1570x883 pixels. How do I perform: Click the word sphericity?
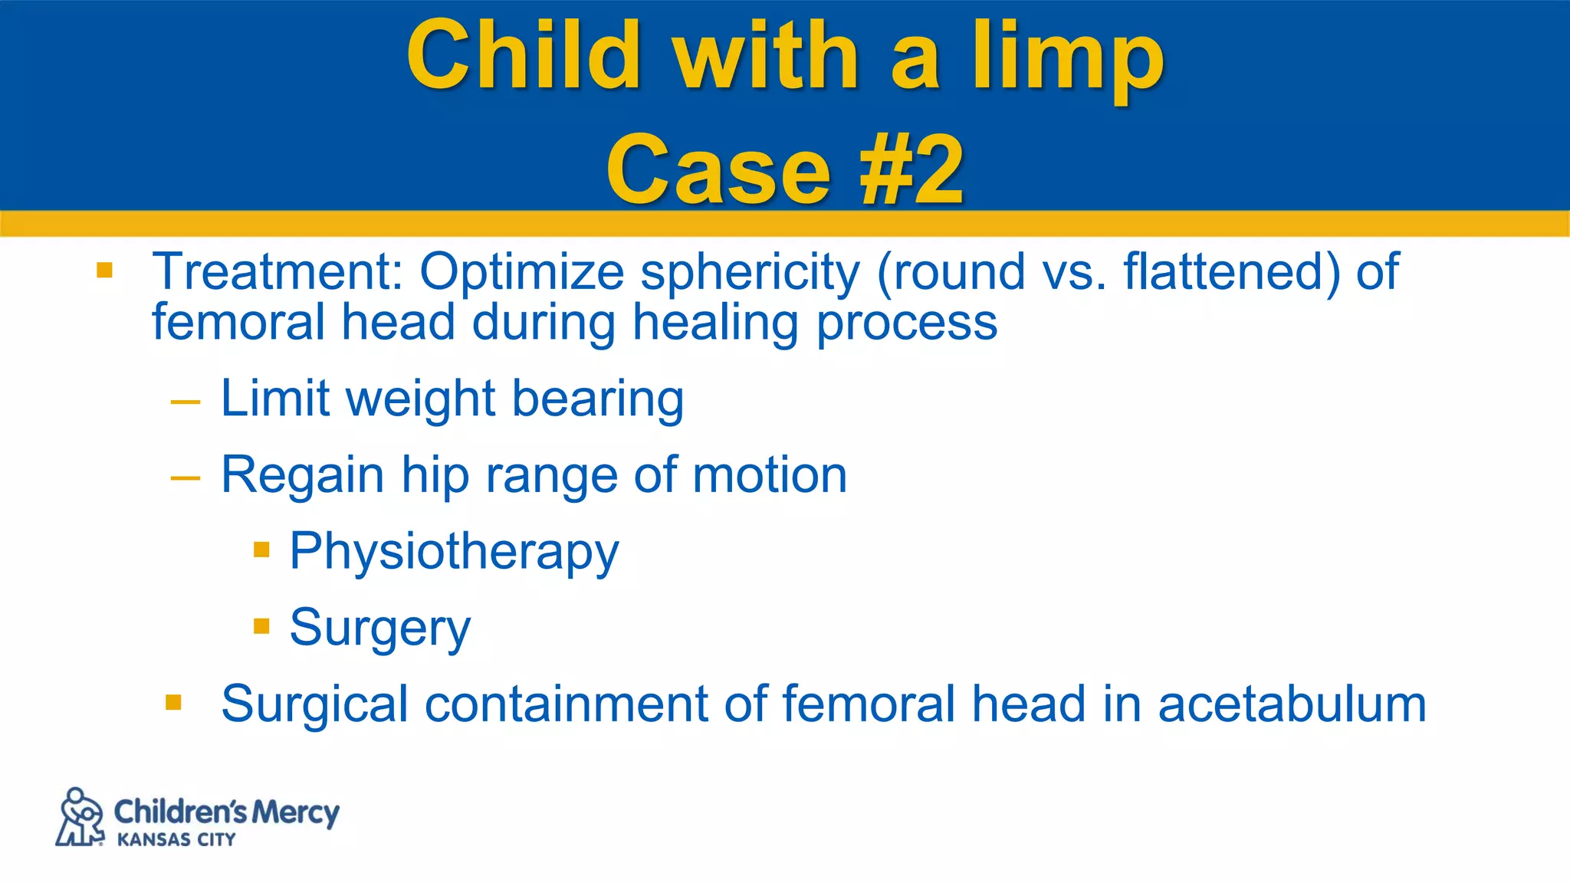(750, 273)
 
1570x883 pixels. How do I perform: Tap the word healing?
(715, 323)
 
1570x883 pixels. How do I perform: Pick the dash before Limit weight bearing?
(186, 401)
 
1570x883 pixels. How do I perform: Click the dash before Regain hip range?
(186, 478)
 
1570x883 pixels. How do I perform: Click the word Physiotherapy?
(454, 552)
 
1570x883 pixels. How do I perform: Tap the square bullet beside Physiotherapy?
(261, 550)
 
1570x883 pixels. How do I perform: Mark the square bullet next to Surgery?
(261, 626)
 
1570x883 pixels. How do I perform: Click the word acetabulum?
(1292, 704)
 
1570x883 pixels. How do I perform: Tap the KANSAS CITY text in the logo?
(176, 840)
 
